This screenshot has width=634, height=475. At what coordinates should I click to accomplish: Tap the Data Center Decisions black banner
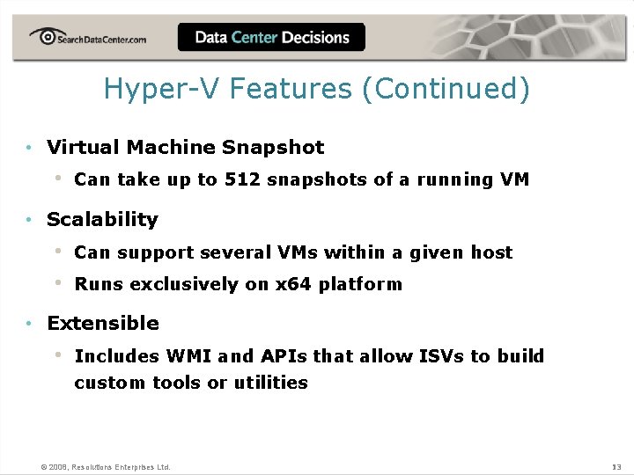(x=271, y=38)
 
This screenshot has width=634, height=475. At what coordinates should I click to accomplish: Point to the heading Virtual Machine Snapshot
(x=185, y=147)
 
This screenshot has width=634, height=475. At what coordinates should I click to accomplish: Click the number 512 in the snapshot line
(x=241, y=179)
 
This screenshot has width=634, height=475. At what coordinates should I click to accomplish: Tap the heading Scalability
(x=102, y=219)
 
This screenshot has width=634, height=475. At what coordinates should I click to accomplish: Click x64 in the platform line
(x=292, y=284)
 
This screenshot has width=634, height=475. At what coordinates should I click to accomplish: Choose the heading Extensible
(x=103, y=323)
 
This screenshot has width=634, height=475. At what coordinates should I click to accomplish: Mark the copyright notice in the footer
(x=106, y=466)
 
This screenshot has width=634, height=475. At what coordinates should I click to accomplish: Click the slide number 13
(x=616, y=466)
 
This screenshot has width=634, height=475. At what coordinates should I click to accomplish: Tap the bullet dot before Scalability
(x=30, y=220)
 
